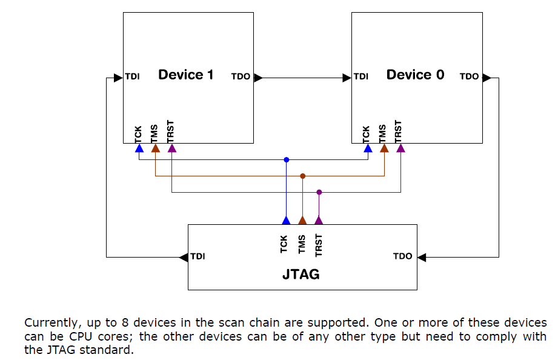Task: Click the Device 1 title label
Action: coord(185,75)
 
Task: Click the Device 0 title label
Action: coord(415,75)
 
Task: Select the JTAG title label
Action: coord(301,275)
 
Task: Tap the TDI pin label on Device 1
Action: coord(133,77)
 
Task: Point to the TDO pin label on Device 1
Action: coord(241,77)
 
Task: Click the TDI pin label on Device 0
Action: coord(361,77)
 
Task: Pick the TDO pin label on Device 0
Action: coord(469,77)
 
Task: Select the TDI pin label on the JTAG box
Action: coord(198,256)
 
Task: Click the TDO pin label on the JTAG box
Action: coord(402,256)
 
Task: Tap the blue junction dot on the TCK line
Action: coord(287,160)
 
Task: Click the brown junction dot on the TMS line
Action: coord(303,176)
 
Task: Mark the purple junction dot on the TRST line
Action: coord(319,192)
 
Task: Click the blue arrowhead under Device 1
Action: coord(139,148)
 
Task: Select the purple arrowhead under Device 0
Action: coord(400,148)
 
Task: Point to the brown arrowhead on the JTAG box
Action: coord(303,220)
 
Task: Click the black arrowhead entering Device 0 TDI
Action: coord(347,78)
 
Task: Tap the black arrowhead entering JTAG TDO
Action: coord(422,257)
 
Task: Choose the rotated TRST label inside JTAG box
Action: coord(319,244)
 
